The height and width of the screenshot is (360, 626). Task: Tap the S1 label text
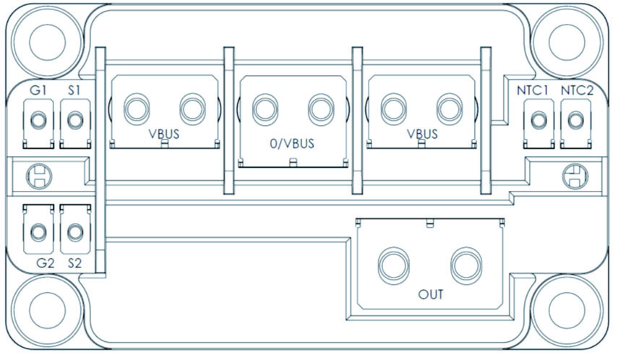(74, 91)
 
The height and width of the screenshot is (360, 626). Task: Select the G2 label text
(45, 262)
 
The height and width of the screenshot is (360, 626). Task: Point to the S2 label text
(75, 262)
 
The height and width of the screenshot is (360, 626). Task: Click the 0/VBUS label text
(292, 143)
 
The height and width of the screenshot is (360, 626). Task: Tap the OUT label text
(431, 296)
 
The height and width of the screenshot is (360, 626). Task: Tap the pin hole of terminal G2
(38, 231)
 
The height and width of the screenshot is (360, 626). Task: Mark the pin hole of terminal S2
(74, 231)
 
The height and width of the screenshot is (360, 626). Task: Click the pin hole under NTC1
(537, 119)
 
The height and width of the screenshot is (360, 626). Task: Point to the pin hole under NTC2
(575, 119)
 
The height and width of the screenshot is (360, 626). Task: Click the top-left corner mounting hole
(46, 37)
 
